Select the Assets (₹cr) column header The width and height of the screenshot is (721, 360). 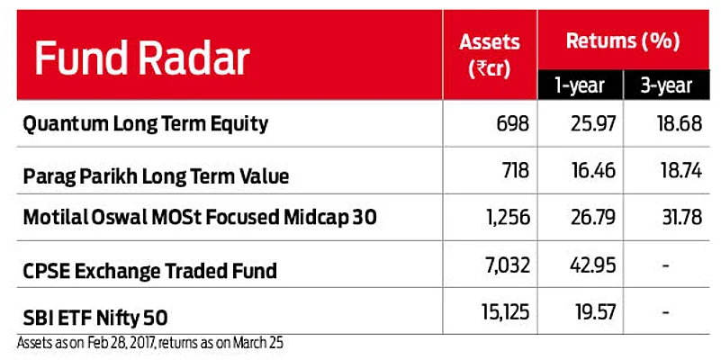tap(490, 56)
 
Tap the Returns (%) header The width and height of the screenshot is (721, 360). tap(623, 40)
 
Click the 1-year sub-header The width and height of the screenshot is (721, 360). tap(580, 85)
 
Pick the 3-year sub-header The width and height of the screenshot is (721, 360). tap(666, 85)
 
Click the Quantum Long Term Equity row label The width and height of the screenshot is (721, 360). tap(145, 124)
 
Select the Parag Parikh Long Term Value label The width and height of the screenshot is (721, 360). tap(156, 175)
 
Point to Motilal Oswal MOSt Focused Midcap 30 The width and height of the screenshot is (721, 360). tap(200, 218)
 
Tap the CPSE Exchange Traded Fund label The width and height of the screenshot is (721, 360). tap(150, 270)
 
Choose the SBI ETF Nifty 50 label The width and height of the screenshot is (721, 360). tap(95, 317)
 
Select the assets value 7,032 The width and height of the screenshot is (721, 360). tap(506, 265)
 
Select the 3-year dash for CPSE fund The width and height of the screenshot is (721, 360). tap(666, 265)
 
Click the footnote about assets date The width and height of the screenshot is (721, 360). tap(151, 343)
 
